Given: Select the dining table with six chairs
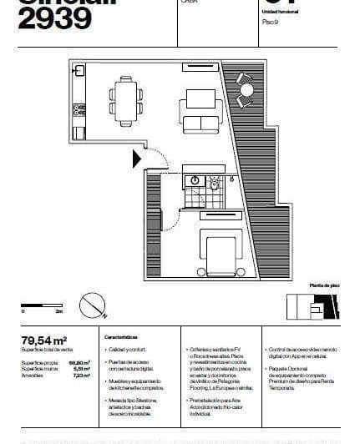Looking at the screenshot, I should (x=127, y=99).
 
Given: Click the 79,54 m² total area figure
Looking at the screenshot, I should (x=43, y=340).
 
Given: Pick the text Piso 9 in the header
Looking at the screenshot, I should (x=269, y=22).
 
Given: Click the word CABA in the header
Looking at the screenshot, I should (x=190, y=3).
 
